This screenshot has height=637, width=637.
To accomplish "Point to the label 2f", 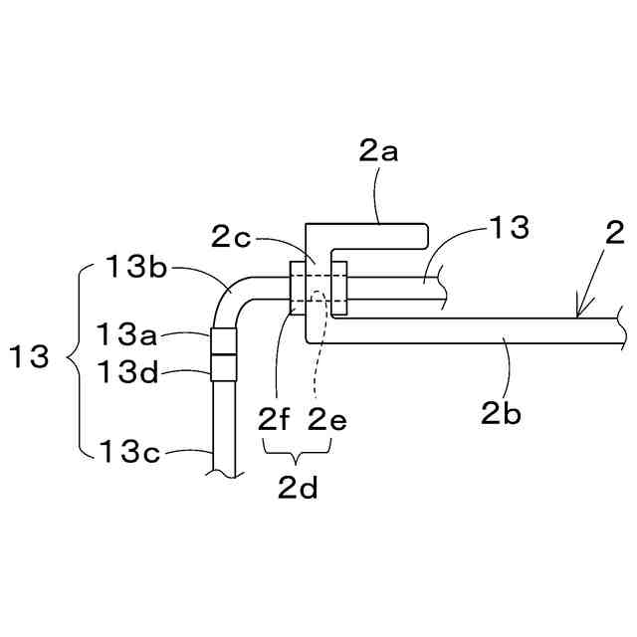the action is [x=274, y=419].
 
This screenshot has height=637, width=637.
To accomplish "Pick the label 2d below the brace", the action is [x=298, y=488].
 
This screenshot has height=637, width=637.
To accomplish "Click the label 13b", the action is [x=137, y=267].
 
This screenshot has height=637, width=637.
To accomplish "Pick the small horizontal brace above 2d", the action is [x=299, y=454].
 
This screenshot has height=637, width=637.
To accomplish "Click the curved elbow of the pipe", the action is [x=229, y=295].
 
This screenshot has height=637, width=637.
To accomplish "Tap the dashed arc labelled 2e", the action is [x=316, y=296].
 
